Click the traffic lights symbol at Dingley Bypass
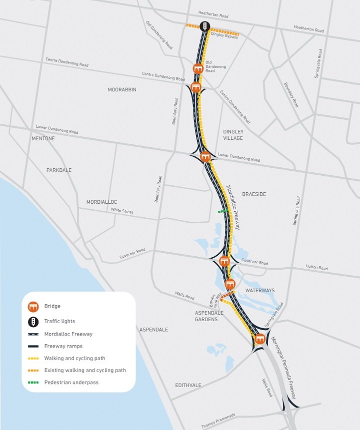(x=204, y=26)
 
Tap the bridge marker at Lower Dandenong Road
(x=204, y=157)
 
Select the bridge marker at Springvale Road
(x=259, y=339)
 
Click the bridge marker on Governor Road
(x=224, y=260)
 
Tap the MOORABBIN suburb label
(x=122, y=90)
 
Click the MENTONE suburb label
(x=43, y=138)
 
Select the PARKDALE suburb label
(x=59, y=170)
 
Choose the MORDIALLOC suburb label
(x=101, y=202)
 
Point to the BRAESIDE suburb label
(x=254, y=194)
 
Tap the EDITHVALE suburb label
(x=188, y=386)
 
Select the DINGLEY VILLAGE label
(x=233, y=135)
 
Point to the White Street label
(x=122, y=211)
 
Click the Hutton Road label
(x=316, y=268)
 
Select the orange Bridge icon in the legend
(x=33, y=306)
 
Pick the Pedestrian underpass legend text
(x=71, y=383)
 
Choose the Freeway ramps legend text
(x=63, y=346)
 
